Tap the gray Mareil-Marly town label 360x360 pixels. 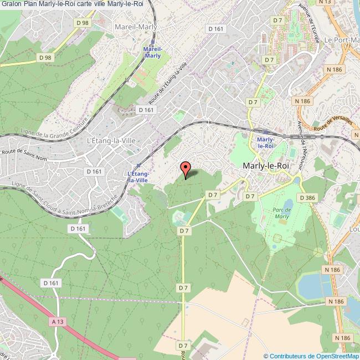point(136,26)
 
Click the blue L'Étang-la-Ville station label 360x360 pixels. point(137,177)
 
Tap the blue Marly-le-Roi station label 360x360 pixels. point(266,143)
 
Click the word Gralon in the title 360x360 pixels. point(11,4)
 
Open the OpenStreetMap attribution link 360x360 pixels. point(311,356)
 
